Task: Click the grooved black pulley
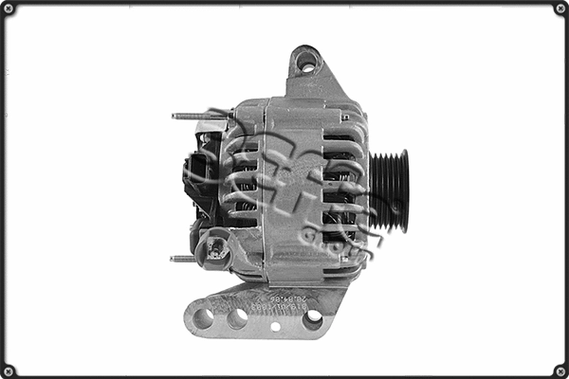tap(389, 190)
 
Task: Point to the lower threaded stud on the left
tap(184, 258)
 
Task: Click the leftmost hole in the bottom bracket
tap(203, 318)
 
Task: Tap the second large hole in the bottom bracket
tap(237, 318)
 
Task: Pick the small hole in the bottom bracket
tap(275, 327)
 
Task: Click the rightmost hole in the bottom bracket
tap(312, 319)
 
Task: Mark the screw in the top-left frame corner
tap(9, 9)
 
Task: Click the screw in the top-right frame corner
tap(560, 9)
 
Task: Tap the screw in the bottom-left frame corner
tap(9, 370)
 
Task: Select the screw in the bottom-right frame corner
tap(560, 370)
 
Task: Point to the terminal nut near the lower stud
tap(217, 251)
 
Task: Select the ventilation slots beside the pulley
tap(341, 189)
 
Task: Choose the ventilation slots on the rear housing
tap(242, 180)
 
